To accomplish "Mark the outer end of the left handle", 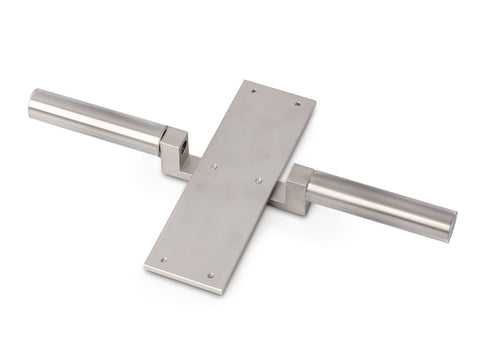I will (33, 105).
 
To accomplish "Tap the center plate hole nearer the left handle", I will (213, 167).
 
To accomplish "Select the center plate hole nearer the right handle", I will (258, 180).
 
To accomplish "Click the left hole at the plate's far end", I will (253, 91).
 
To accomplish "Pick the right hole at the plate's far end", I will (296, 103).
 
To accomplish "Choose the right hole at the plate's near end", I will (209, 275).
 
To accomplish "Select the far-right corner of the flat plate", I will (315, 100).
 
